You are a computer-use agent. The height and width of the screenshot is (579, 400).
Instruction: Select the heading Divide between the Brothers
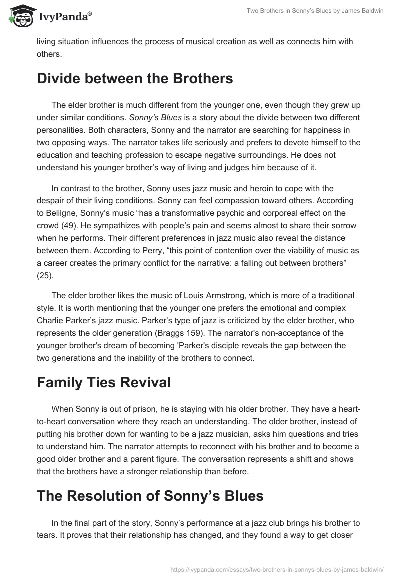[135, 79]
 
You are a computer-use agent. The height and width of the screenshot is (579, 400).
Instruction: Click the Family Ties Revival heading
[104, 382]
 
